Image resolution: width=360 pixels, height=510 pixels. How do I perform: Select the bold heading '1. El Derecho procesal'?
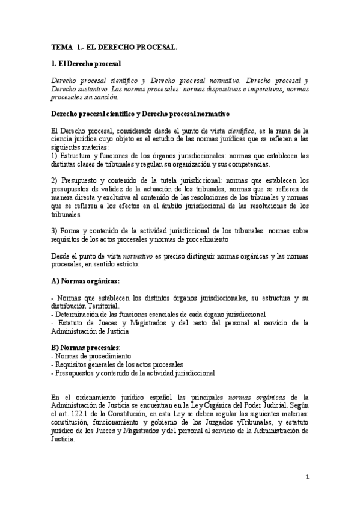87,63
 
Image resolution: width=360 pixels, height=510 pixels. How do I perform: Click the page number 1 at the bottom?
307,477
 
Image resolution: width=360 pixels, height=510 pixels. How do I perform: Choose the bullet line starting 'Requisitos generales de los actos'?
117,364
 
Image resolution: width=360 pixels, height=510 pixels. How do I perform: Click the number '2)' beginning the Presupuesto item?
55,180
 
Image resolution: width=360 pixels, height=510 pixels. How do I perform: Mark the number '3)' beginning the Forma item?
55,231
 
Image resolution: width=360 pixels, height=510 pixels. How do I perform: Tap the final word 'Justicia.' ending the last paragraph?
66,440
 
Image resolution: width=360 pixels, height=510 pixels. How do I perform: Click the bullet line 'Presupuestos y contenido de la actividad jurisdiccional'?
133,373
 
